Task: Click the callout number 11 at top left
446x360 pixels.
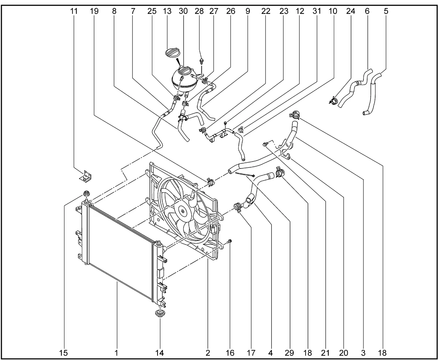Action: tap(74, 11)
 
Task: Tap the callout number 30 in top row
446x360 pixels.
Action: tap(183, 11)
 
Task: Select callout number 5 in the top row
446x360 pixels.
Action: tap(386, 11)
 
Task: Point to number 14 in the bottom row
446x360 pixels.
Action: tap(160, 353)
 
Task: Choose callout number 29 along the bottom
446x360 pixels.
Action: tap(289, 353)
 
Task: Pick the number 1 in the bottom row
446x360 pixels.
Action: tap(117, 353)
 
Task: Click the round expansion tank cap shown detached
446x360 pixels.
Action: tap(174, 54)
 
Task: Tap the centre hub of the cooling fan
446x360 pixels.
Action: tap(182, 210)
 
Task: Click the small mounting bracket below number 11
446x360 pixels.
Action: tap(85, 177)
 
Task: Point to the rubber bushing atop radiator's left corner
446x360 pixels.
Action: tap(86, 194)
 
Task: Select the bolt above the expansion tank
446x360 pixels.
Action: tap(202, 61)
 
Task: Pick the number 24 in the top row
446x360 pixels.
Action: tap(351, 11)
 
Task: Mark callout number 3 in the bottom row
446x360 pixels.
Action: tap(363, 353)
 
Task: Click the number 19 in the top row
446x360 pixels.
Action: tap(94, 11)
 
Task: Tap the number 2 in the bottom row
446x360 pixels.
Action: tap(208, 353)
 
